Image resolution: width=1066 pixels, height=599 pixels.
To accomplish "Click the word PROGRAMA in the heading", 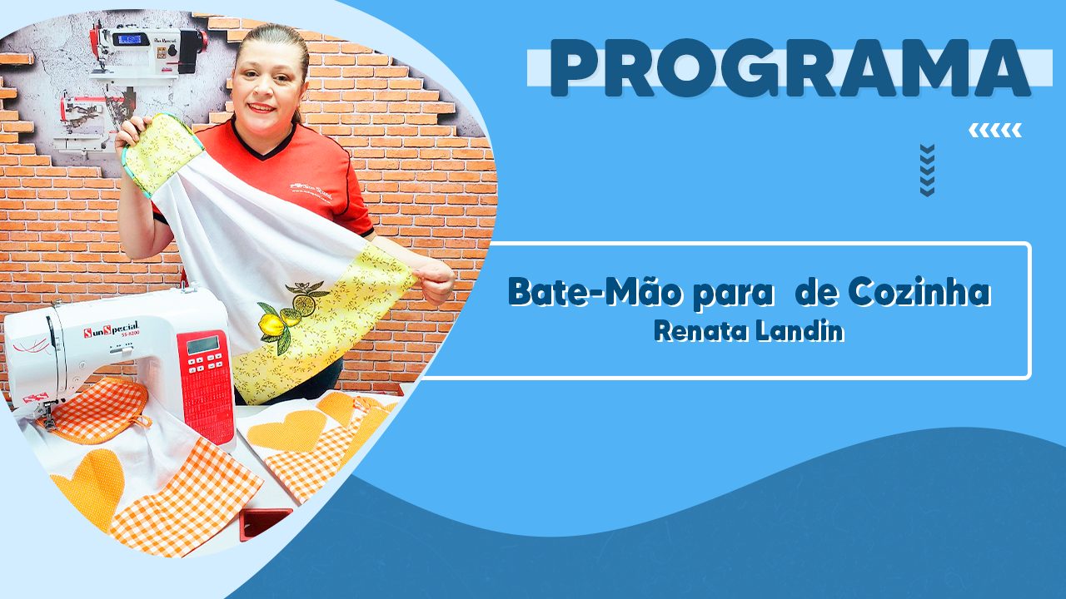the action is pyautogui.click(x=790, y=68).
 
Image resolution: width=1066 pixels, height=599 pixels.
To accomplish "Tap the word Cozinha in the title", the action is pyautogui.click(x=919, y=291).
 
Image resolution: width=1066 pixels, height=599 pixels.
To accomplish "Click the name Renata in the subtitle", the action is pyautogui.click(x=701, y=331).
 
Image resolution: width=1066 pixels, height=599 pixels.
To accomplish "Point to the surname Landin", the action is pyautogui.click(x=800, y=331).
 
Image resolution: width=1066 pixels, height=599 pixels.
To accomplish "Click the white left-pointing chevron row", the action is pyautogui.click(x=995, y=131).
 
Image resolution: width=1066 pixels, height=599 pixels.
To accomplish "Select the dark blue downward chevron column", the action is pyautogui.click(x=927, y=171).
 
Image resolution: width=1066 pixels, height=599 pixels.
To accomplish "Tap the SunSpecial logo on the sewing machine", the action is pyautogui.click(x=111, y=329).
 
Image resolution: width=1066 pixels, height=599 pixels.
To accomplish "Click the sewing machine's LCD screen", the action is pyautogui.click(x=203, y=345).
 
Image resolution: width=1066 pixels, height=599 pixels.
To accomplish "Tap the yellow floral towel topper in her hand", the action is pyautogui.click(x=161, y=153).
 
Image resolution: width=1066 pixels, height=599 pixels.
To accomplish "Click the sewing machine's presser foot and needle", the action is pyautogui.click(x=47, y=413).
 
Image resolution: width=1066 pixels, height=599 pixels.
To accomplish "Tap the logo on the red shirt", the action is pyautogui.click(x=311, y=191).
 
